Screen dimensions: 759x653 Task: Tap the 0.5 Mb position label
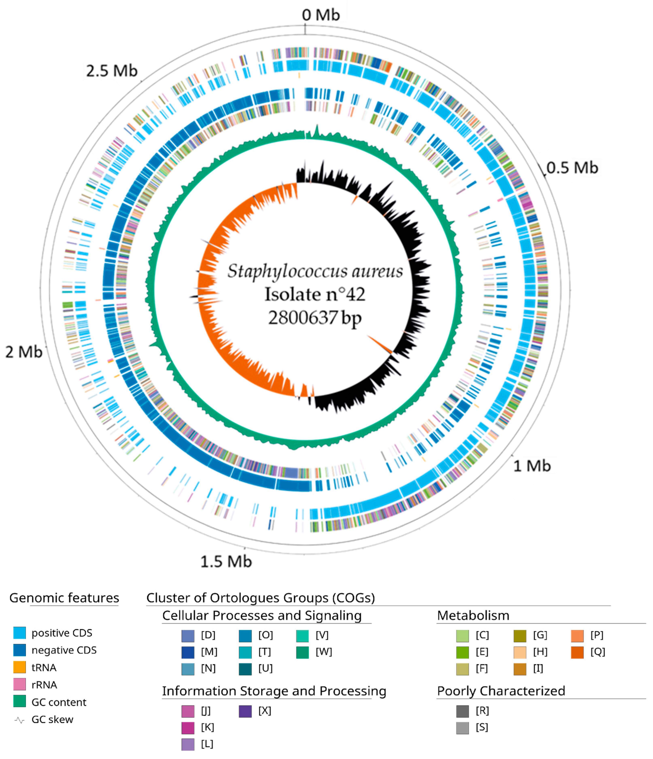click(x=572, y=168)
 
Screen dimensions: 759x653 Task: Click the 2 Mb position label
click(x=24, y=352)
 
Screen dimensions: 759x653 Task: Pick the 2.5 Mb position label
click(x=112, y=71)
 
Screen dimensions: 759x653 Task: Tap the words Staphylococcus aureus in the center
click(x=315, y=271)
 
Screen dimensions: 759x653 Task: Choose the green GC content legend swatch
click(x=19, y=702)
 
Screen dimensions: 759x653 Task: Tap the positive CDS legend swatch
click(x=19, y=633)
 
